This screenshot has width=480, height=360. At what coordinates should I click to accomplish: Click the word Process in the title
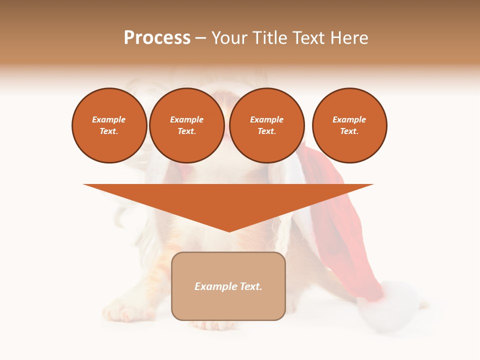pos(157,38)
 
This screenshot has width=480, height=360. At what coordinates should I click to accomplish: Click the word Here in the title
pos(351,38)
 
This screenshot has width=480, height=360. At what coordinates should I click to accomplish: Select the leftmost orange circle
pos(109,125)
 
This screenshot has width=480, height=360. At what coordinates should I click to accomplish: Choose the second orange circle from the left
pos(187,125)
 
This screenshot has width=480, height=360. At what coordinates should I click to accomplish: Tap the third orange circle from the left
pos(267,125)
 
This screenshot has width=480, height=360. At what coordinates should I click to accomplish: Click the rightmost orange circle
pos(349,125)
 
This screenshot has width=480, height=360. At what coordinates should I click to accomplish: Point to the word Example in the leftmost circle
pos(109,120)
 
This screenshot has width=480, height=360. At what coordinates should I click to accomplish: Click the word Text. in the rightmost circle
pos(349,131)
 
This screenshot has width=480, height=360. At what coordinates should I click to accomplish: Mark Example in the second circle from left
pos(187,120)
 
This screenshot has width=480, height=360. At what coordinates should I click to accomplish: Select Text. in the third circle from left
pos(267,131)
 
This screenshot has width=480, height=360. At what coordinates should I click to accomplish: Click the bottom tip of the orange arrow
pos(229,230)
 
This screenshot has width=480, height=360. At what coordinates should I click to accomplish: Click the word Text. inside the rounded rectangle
pos(251,286)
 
